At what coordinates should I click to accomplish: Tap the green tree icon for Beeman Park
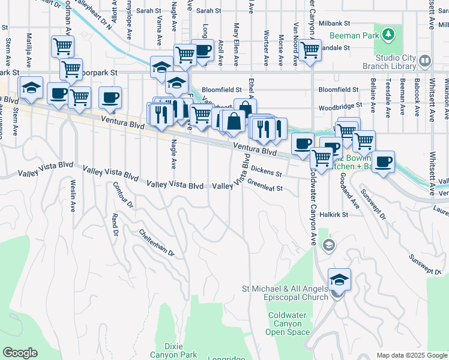pos(388,33)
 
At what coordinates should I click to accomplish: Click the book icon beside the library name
pos(425,61)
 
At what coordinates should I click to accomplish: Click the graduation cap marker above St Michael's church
pos(339,280)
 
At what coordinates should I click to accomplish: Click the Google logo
pos(20,353)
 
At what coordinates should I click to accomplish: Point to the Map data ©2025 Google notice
pos(411,355)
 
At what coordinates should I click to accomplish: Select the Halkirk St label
pos(334,214)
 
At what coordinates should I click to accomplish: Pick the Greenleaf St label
pos(264,186)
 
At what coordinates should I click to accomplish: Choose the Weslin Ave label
pos(73,191)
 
